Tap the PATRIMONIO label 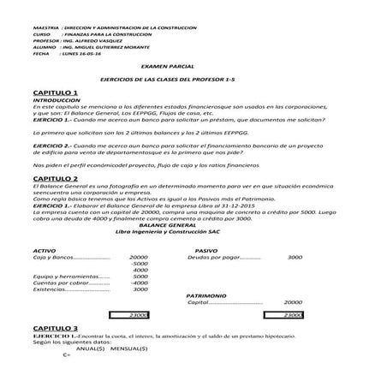[207, 295]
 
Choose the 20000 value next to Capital [293, 302]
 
